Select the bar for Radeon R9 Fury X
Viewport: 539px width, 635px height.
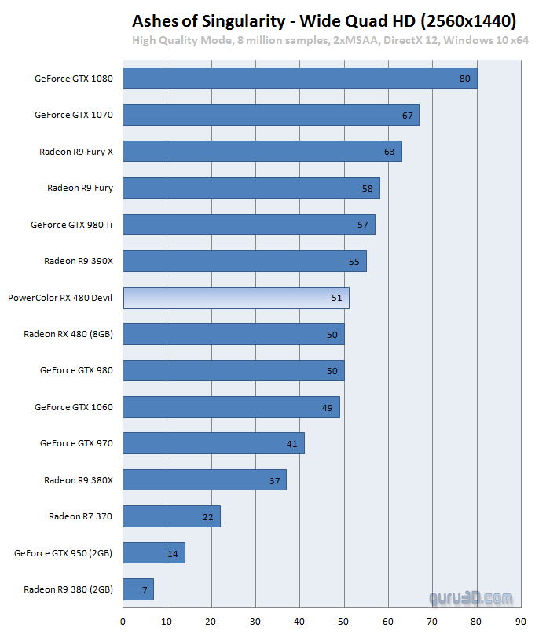point(262,152)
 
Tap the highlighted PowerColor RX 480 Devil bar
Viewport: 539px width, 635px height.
point(236,298)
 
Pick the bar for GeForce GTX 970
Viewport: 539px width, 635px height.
point(214,444)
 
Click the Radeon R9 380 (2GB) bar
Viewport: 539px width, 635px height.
point(138,589)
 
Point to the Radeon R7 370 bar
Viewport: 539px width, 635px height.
point(172,516)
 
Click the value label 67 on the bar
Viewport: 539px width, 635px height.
point(407,116)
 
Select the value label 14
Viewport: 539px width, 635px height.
point(173,553)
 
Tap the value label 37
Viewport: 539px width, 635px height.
point(275,480)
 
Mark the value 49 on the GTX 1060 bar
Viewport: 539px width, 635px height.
point(328,408)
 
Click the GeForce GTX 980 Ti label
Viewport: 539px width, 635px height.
point(71,225)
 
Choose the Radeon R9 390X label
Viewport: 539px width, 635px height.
point(79,261)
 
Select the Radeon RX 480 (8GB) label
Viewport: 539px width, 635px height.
point(68,334)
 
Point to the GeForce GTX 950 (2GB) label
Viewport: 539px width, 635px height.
point(64,553)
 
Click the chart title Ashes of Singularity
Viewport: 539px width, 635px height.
point(324,20)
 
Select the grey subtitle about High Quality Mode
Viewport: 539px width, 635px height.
point(330,41)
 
